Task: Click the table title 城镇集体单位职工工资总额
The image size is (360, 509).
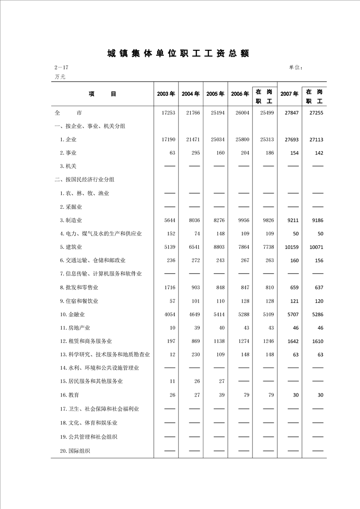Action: point(178,54)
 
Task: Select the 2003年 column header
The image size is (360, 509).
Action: point(166,94)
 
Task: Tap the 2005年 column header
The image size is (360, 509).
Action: point(215,94)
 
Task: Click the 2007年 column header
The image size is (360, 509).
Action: point(289,94)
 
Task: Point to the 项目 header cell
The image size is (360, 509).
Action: point(103,94)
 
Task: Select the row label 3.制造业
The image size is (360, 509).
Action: point(71,220)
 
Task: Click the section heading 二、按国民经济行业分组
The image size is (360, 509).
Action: point(84,180)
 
